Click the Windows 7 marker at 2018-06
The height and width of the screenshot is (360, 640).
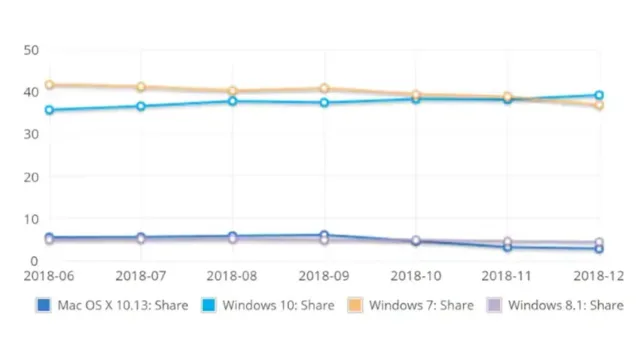pyautogui.click(x=49, y=85)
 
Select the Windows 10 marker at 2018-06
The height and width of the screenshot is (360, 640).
pyautogui.click(x=49, y=110)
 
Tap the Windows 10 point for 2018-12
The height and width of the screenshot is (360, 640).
pyautogui.click(x=599, y=95)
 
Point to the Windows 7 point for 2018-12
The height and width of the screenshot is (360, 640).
pyautogui.click(x=599, y=106)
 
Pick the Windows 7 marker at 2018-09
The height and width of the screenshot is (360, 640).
pyautogui.click(x=324, y=88)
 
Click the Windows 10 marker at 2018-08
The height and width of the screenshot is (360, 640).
pyautogui.click(x=233, y=101)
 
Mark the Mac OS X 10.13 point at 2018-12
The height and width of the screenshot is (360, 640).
pyautogui.click(x=599, y=249)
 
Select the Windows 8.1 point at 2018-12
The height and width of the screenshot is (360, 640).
pyautogui.click(x=599, y=242)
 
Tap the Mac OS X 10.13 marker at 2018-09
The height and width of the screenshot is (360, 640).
pyautogui.click(x=324, y=235)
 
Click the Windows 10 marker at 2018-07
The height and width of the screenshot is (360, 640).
pyautogui.click(x=141, y=106)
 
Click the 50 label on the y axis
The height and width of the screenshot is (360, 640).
pyautogui.click(x=31, y=50)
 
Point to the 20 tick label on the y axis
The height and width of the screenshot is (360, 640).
pyautogui.click(x=31, y=177)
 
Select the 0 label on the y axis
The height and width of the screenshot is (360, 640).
pyautogui.click(x=34, y=261)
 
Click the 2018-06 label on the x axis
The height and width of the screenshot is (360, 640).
pyautogui.click(x=49, y=276)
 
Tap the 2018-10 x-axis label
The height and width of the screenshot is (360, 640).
pyautogui.click(x=416, y=276)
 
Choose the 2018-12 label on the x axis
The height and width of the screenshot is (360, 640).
pyautogui.click(x=599, y=276)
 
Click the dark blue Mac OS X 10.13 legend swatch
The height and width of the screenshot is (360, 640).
pyautogui.click(x=43, y=305)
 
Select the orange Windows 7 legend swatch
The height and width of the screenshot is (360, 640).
pyautogui.click(x=355, y=305)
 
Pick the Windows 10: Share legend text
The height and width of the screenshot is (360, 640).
pyautogui.click(x=278, y=305)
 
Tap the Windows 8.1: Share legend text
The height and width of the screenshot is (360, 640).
pyautogui.click(x=566, y=305)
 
